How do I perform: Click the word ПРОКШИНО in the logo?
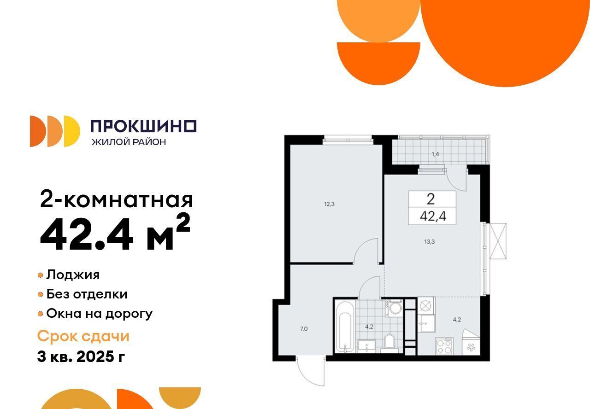click(143, 126)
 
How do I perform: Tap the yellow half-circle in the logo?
click(72, 131)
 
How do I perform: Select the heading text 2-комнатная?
click(117, 199)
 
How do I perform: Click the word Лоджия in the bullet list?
click(73, 275)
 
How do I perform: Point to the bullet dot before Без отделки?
click(40, 294)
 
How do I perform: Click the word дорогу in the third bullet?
click(129, 314)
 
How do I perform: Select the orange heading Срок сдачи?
click(83, 336)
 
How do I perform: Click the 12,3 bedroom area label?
click(329, 204)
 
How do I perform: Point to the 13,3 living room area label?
click(429, 242)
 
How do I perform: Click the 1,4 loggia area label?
click(436, 154)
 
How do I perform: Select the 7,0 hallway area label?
click(304, 329)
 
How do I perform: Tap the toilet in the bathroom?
click(389, 343)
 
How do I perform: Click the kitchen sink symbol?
click(426, 323)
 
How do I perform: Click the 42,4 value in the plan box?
click(433, 216)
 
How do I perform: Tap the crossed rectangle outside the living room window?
click(498, 241)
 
